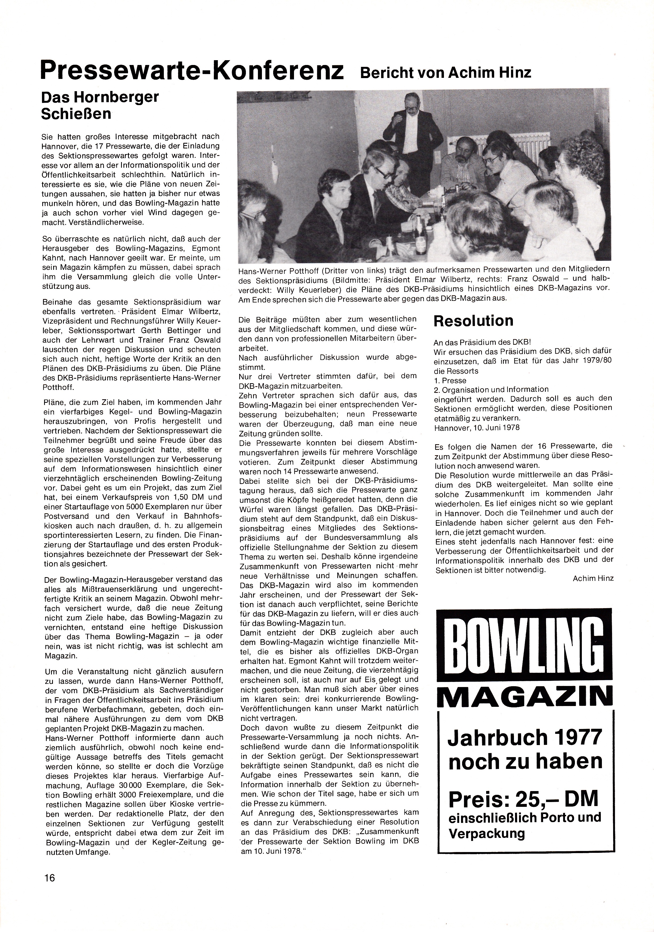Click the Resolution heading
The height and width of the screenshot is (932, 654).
(473, 321)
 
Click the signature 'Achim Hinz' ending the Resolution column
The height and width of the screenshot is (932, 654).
(593, 578)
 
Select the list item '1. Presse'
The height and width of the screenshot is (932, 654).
(450, 380)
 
